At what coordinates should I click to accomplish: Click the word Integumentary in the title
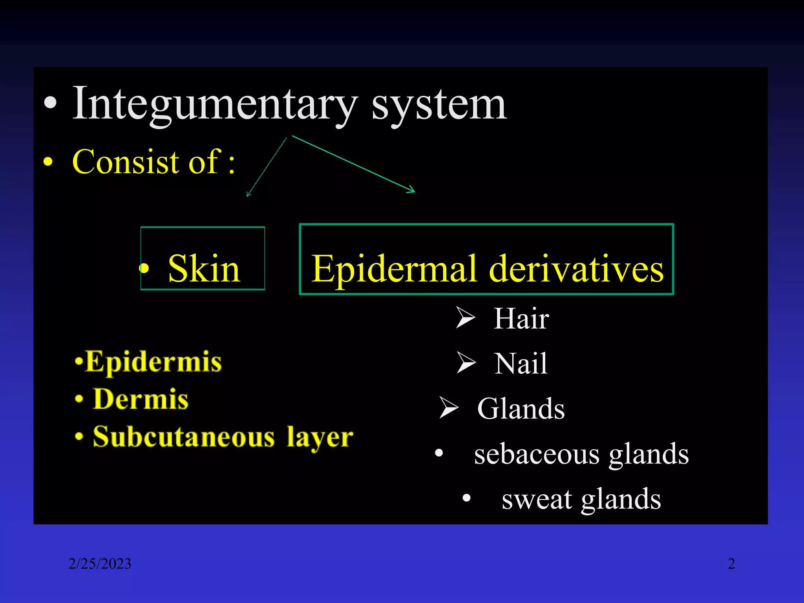[215, 104]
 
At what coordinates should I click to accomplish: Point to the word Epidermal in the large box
[394, 269]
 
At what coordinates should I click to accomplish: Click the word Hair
[521, 318]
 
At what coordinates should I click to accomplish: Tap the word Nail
[521, 364]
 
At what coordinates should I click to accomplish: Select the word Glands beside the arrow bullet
[521, 409]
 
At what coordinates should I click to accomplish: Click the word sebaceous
[537, 454]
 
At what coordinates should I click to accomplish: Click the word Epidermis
[153, 362]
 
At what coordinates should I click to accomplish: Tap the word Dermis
[141, 399]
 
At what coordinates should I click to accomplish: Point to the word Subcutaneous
[184, 437]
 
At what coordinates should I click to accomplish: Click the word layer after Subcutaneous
[320, 437]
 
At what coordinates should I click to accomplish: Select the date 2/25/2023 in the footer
[100, 564]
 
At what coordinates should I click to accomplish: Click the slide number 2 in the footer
[731, 564]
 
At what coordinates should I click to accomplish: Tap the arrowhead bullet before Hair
[466, 318]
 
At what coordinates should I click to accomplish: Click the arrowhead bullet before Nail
[466, 363]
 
